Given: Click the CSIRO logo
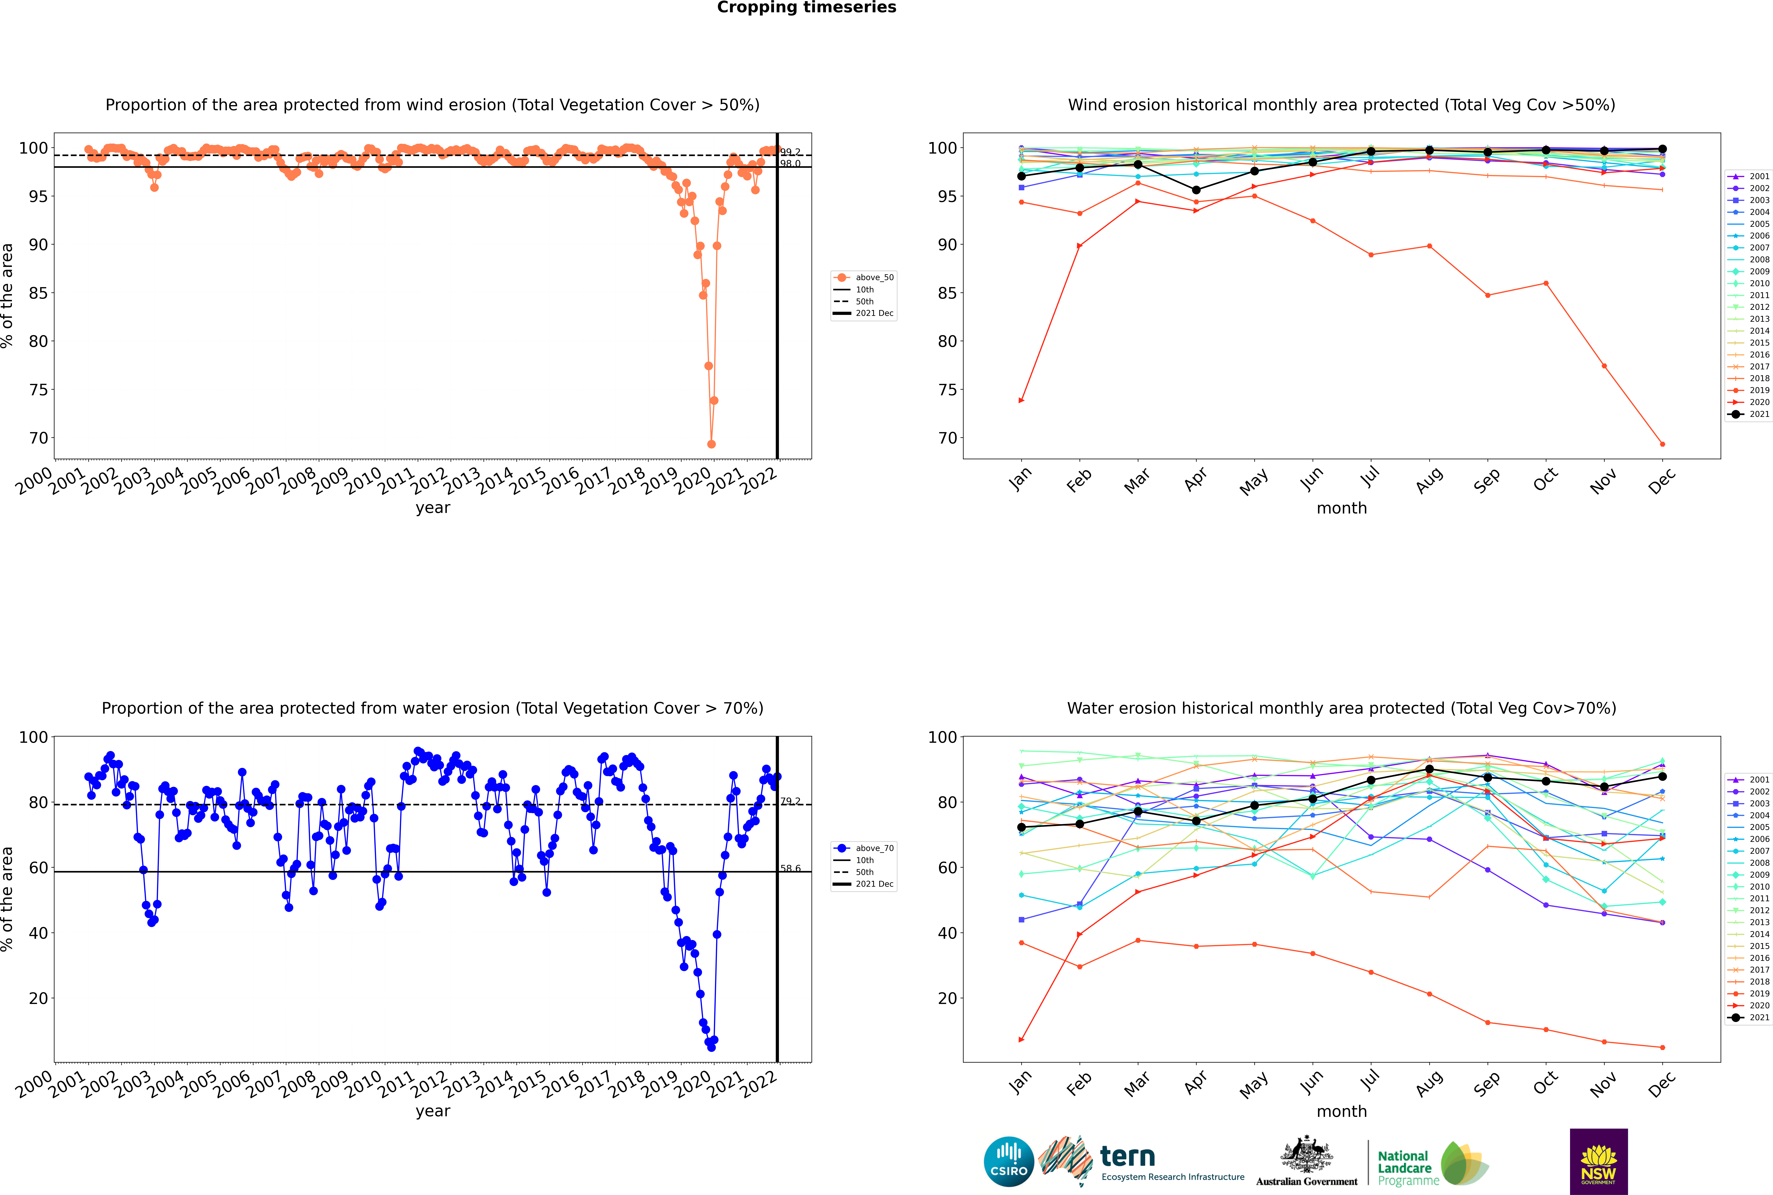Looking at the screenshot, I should [1008, 1162].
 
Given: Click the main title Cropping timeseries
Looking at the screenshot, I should [806, 8].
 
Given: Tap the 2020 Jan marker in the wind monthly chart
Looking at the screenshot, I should [1021, 400].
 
